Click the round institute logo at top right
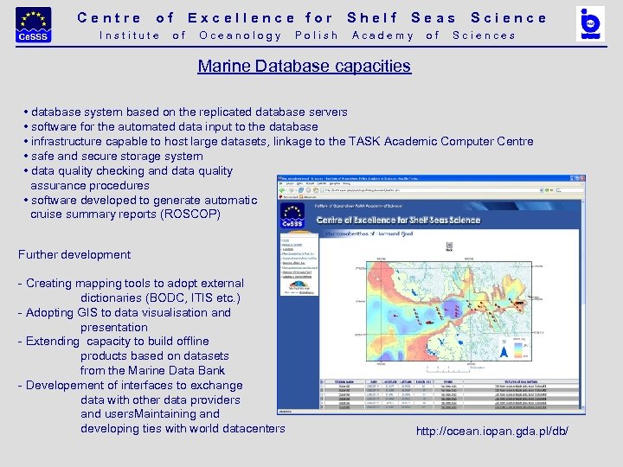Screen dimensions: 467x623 pos(591,24)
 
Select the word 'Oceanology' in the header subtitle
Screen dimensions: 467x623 pos(241,35)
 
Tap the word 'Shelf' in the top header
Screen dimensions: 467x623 pos(372,17)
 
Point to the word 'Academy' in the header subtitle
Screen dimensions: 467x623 pos(383,35)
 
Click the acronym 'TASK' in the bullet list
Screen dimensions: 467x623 pos(366,141)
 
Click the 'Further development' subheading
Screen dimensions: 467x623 pos(74,254)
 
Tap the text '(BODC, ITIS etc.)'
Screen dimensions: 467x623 pos(160,297)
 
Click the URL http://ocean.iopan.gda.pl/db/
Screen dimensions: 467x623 pos(492,431)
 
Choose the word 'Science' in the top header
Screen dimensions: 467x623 pos(509,17)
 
